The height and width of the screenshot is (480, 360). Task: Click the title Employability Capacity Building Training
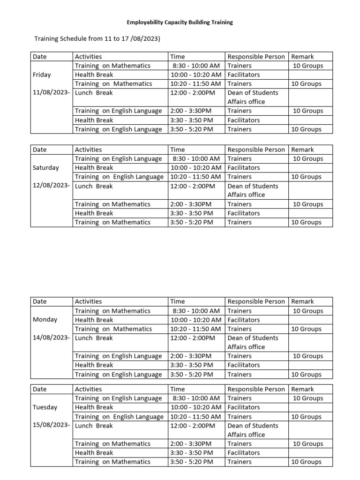(x=180, y=22)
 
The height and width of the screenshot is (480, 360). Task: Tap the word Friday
(x=42, y=75)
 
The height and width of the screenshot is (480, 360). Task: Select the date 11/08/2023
(x=52, y=93)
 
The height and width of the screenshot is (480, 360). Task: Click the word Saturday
(x=46, y=167)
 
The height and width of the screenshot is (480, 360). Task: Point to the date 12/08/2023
(x=52, y=186)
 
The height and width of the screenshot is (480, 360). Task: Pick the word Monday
(x=45, y=320)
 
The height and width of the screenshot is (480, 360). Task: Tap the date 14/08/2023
(x=52, y=338)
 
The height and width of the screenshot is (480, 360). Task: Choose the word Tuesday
(x=45, y=407)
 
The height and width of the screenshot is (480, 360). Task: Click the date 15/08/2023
(x=52, y=426)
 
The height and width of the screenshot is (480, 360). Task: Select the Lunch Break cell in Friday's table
(x=94, y=93)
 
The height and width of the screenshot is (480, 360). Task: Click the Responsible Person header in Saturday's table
(x=256, y=150)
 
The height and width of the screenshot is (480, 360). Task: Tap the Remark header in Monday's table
(x=302, y=301)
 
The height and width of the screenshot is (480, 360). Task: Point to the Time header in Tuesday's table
(x=178, y=389)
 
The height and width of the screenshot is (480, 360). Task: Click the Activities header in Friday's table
(x=88, y=57)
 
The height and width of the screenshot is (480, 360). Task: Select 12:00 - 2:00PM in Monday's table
(x=193, y=338)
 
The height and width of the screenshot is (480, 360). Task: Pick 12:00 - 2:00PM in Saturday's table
(x=193, y=186)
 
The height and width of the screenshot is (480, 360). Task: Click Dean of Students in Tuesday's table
(x=253, y=426)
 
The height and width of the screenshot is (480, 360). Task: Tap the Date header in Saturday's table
(x=40, y=150)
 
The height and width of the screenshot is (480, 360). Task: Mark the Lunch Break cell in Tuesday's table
(x=94, y=426)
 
